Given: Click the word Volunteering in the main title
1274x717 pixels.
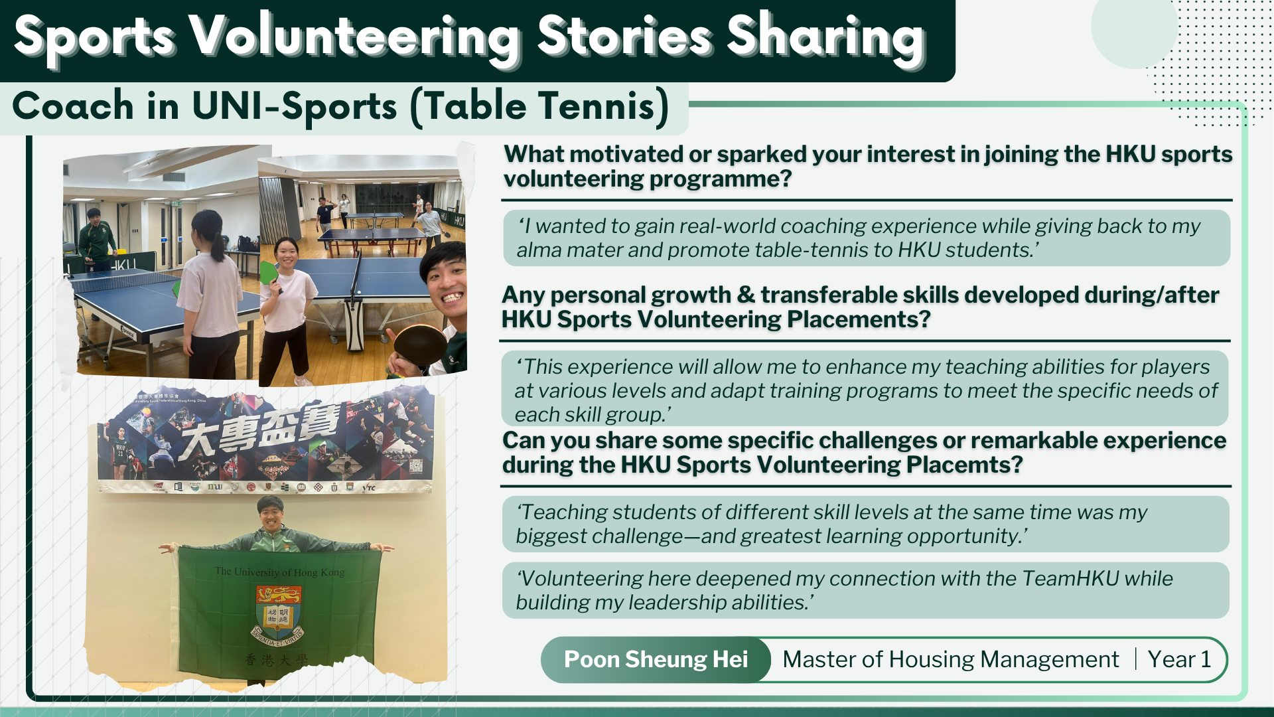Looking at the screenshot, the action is point(354,37).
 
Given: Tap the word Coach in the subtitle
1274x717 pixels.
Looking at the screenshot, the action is point(73,106).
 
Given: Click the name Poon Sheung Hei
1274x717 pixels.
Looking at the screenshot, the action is point(656,659).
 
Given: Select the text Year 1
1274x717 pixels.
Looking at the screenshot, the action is point(1179,659).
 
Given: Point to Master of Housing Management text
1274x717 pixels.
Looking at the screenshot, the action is point(950,659).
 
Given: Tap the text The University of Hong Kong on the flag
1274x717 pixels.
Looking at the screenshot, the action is point(279,572).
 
